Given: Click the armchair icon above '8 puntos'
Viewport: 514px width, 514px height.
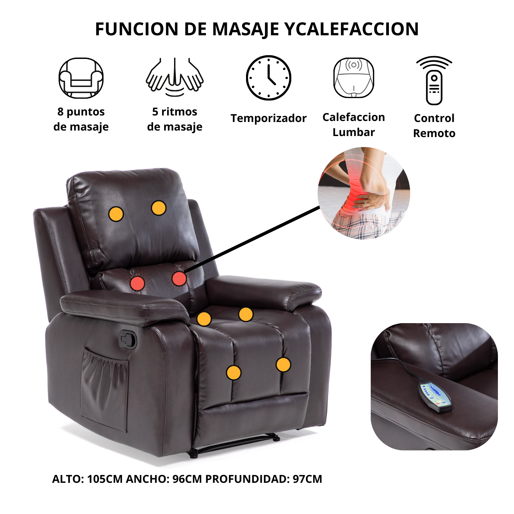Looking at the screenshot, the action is [81, 78].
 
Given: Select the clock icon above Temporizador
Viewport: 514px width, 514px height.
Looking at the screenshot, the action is [269, 78].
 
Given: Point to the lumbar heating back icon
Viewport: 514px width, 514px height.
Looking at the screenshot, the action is [354, 78].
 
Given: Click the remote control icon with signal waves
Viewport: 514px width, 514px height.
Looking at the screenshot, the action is [434, 81].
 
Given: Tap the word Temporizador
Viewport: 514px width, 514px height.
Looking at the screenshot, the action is [268, 118].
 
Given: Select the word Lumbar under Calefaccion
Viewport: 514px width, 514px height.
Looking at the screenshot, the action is [354, 132].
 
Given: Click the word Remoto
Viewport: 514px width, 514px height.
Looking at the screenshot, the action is [434, 133].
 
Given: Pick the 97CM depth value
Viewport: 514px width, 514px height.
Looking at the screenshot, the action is [307, 479].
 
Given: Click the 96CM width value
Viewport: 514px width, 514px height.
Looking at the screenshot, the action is [187, 479].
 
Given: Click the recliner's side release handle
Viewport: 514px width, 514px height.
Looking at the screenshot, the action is [127, 340].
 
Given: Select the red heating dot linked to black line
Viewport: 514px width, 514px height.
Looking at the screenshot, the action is [179, 278].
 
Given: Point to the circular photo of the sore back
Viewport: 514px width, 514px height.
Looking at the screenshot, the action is [364, 193].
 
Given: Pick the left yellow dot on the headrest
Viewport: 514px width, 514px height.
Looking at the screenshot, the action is [116, 214].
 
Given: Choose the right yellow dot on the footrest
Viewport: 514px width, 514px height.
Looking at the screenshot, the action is [283, 365].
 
